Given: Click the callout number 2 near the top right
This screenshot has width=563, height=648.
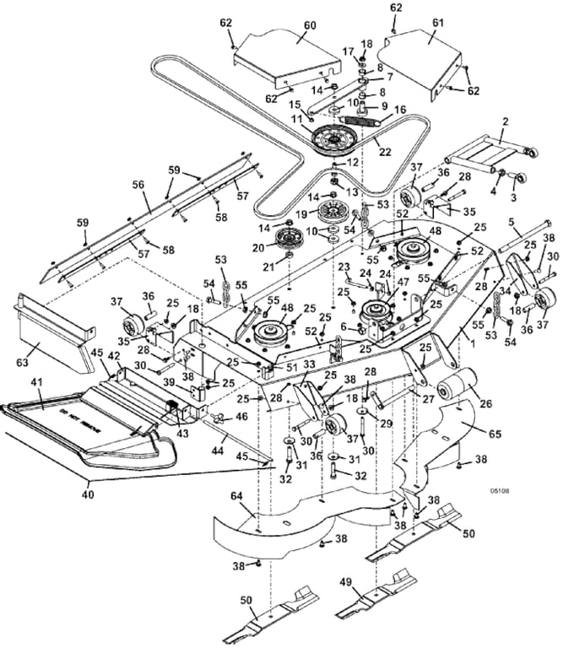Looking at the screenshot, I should coord(505,121).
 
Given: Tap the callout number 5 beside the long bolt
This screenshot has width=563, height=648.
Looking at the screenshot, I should coord(512,222).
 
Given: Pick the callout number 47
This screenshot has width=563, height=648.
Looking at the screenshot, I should coord(403,283).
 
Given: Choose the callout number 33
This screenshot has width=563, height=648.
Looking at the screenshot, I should coord(286,364).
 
